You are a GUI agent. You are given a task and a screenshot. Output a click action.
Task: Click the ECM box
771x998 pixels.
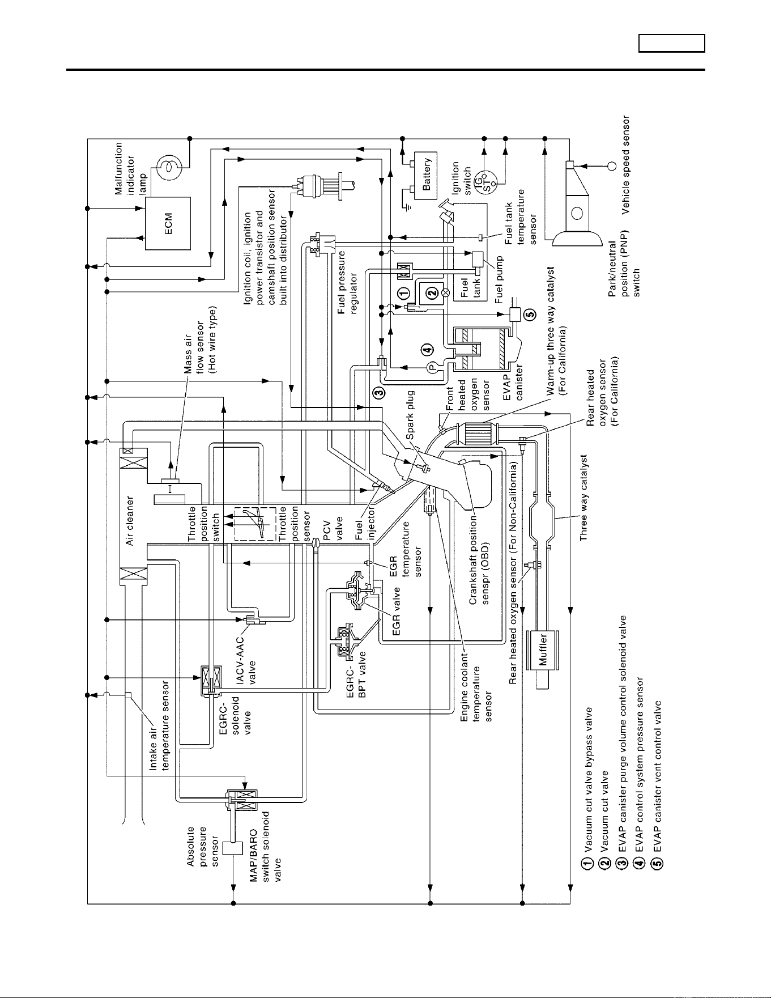pyautogui.click(x=168, y=223)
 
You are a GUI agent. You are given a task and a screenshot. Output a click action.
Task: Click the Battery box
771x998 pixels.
pyautogui.click(x=427, y=175)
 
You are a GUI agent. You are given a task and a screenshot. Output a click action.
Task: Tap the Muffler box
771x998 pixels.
pyautogui.click(x=543, y=650)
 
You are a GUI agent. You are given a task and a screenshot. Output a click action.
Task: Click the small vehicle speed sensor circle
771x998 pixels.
pyautogui.click(x=612, y=165)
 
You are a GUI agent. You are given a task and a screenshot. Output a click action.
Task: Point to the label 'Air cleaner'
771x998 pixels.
pyautogui.click(x=130, y=521)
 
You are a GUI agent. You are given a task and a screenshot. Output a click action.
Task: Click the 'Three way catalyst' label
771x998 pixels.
pyautogui.click(x=585, y=497)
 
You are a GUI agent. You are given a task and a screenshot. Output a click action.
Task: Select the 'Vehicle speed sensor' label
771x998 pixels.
pyautogui.click(x=625, y=164)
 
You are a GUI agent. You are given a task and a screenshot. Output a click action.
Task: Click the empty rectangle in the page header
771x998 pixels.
pyautogui.click(x=672, y=44)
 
